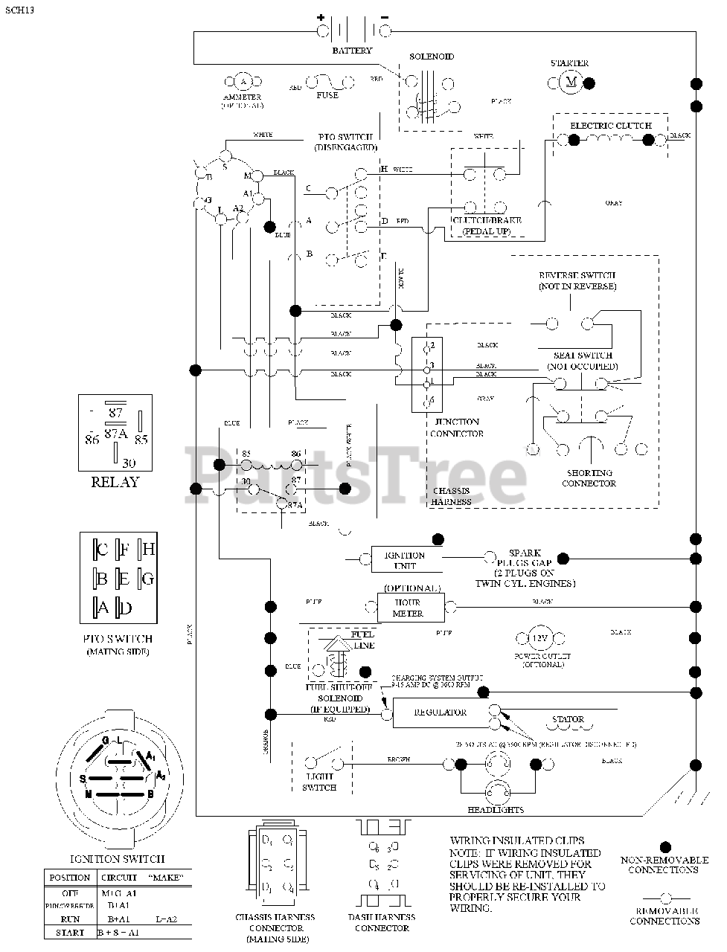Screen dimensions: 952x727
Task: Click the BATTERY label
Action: coord(352,51)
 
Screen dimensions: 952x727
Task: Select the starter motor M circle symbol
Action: coord(571,82)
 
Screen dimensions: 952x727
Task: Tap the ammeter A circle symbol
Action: coord(243,82)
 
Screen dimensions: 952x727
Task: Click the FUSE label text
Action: coord(327,95)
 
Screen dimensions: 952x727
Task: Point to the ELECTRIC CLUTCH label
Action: coord(610,126)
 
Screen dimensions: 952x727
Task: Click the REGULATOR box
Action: coord(440,713)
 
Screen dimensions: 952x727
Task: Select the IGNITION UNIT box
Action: coord(404,560)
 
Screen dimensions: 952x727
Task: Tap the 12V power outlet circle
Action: coord(537,639)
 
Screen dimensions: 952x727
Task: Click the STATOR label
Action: coord(568,719)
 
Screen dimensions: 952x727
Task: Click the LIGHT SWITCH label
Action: coord(319,782)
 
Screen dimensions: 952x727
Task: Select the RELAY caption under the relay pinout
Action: coord(115,482)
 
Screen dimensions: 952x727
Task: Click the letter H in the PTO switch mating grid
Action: coord(148,549)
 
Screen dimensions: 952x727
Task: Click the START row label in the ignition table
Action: coord(69,931)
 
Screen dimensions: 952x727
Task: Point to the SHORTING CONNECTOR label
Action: coord(589,478)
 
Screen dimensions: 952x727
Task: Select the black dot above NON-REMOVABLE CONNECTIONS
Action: coord(665,847)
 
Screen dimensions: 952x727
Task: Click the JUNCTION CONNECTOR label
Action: coord(457,428)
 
